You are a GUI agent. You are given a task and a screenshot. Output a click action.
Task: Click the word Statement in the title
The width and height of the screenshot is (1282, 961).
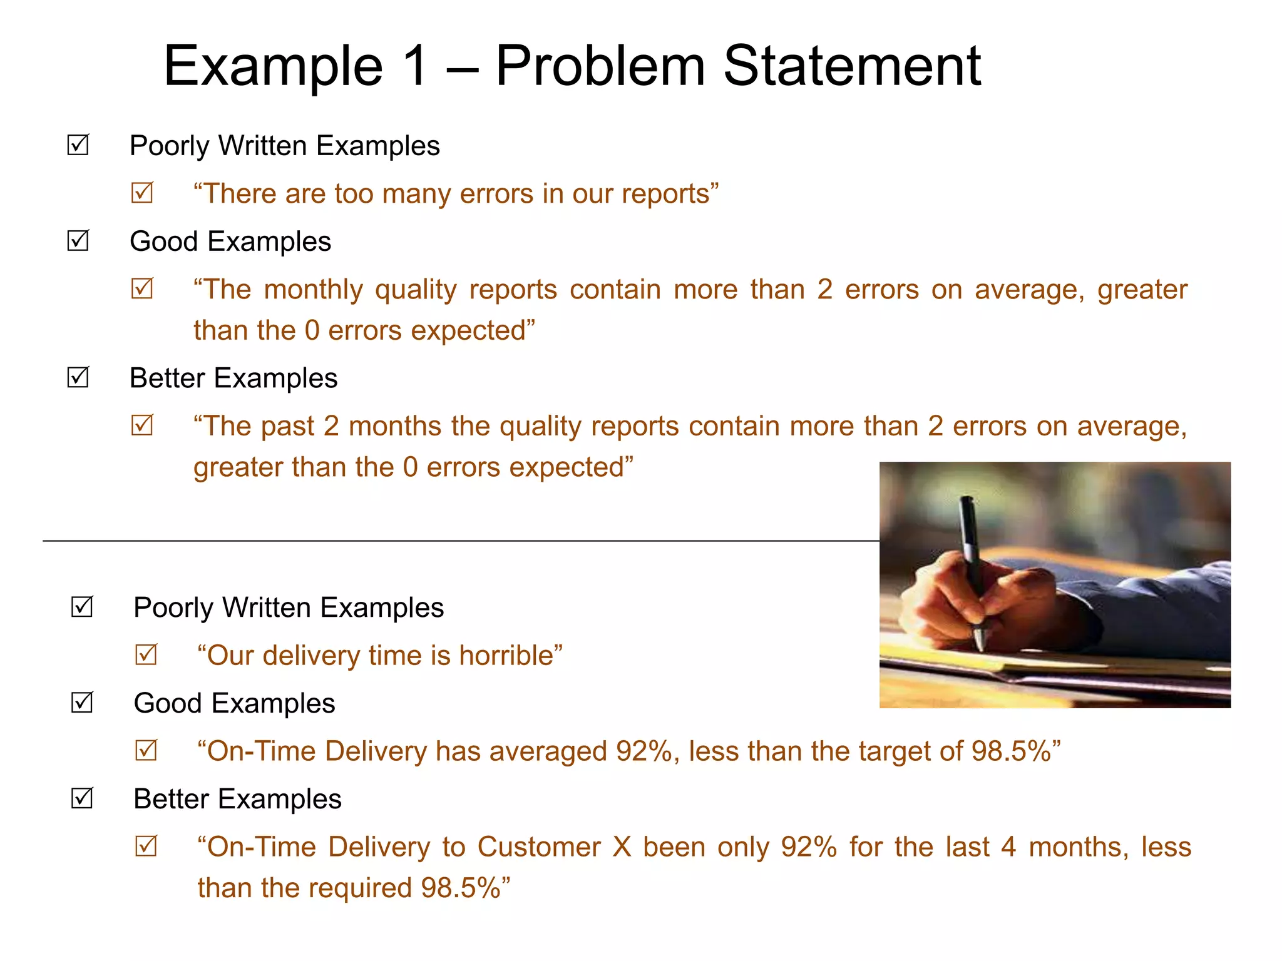pos(852,66)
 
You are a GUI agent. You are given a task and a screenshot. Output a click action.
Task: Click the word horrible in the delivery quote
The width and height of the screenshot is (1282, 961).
pos(506,656)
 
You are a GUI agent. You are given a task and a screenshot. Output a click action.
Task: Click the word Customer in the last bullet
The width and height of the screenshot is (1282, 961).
pos(539,847)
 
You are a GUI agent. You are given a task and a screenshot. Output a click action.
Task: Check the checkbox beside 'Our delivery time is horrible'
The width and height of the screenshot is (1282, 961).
pos(146,655)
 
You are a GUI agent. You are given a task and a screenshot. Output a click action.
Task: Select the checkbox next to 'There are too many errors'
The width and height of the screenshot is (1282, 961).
pos(142,193)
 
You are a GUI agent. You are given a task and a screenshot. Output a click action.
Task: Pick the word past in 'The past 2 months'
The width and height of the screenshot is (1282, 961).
pos(287,426)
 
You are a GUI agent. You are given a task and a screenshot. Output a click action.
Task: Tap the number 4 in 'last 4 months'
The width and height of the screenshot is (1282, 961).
pos(1008,847)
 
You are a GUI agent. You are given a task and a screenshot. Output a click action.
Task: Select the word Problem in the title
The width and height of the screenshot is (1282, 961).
pos(600,66)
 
